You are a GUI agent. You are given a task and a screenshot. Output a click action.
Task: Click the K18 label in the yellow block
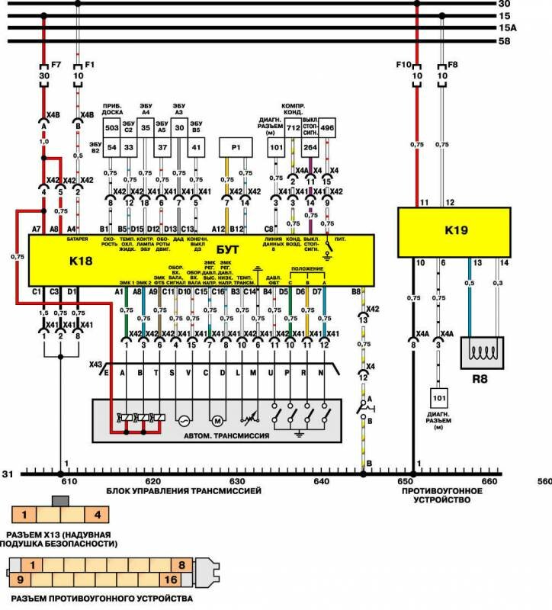click(x=79, y=261)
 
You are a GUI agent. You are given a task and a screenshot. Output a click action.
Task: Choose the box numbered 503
click(x=111, y=128)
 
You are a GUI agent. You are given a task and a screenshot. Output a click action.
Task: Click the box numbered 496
click(x=327, y=128)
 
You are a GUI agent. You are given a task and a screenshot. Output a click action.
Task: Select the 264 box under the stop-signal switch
click(x=310, y=146)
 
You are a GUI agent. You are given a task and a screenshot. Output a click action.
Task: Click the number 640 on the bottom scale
click(x=320, y=482)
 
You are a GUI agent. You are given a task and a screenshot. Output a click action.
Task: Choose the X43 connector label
click(x=96, y=364)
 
